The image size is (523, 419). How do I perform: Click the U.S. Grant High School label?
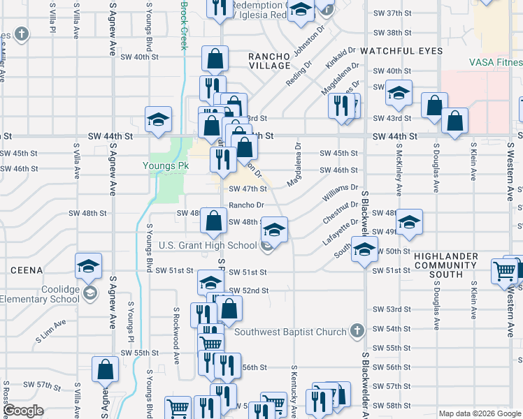pyautogui.click(x=208, y=245)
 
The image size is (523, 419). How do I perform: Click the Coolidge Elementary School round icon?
pyautogui.click(x=89, y=292)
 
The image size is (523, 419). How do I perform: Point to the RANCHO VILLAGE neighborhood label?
pyautogui.click(x=270, y=59)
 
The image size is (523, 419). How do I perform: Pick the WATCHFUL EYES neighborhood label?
pyautogui.click(x=402, y=52)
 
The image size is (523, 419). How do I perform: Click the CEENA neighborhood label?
pyautogui.click(x=27, y=269)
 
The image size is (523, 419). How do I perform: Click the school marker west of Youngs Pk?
pyautogui.click(x=159, y=119)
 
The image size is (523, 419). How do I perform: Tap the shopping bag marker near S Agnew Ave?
pyautogui.click(x=105, y=370)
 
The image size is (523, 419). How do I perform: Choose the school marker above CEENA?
pyautogui.click(x=89, y=265)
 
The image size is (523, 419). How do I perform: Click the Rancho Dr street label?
pyautogui.click(x=246, y=205)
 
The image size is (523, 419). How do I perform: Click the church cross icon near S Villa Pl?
pyautogui.click(x=22, y=34)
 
